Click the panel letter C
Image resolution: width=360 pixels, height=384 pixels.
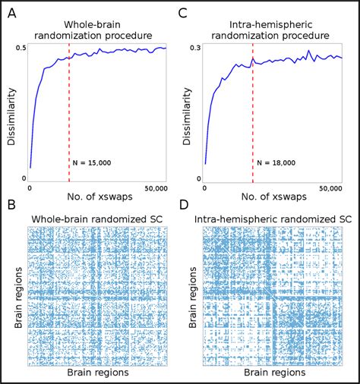183,11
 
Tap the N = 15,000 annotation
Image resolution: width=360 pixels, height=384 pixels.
94,162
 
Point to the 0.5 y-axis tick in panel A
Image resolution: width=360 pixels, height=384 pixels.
21,47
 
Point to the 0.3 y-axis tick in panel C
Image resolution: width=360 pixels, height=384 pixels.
196,47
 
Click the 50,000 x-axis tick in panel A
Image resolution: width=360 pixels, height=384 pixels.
154,188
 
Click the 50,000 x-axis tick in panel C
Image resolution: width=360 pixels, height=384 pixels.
330,188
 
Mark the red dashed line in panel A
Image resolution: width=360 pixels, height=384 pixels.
69,114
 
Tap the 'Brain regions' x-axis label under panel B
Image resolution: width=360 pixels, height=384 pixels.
97,373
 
